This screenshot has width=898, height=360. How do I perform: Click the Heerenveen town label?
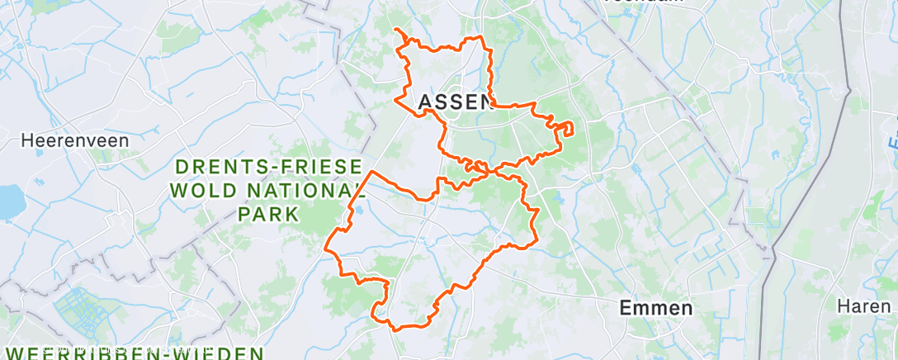coord(75,140)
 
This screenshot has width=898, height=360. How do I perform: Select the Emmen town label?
coord(657,309)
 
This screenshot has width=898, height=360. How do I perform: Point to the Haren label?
coord(864,306)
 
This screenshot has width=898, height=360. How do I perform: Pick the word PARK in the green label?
coord(268,214)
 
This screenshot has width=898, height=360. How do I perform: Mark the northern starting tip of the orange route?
coord(397,30)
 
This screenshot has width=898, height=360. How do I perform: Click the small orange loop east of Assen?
coord(565,128)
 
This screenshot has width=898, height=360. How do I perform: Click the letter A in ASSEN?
coord(427,102)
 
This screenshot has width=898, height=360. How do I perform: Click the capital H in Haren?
coord(842,306)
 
